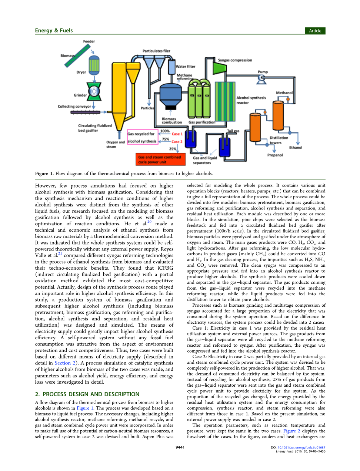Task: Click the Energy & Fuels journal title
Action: click(x=54, y=31)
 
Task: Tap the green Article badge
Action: click(x=315, y=31)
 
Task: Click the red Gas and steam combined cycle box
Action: click(x=160, y=159)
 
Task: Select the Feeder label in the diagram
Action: click(x=89, y=41)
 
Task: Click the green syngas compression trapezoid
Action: click(x=220, y=68)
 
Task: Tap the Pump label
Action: click(x=263, y=72)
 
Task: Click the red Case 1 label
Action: click(x=177, y=134)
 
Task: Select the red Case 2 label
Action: click(x=177, y=142)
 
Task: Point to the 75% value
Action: click(x=166, y=139)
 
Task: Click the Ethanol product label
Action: click(x=296, y=148)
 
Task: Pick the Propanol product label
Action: click(x=275, y=155)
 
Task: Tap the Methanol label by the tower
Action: click(x=284, y=93)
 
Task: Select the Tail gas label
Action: click(x=233, y=131)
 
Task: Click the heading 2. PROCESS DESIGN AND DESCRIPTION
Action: click(x=87, y=394)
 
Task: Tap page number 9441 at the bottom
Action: click(x=180, y=447)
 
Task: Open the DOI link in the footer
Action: click(x=301, y=447)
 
